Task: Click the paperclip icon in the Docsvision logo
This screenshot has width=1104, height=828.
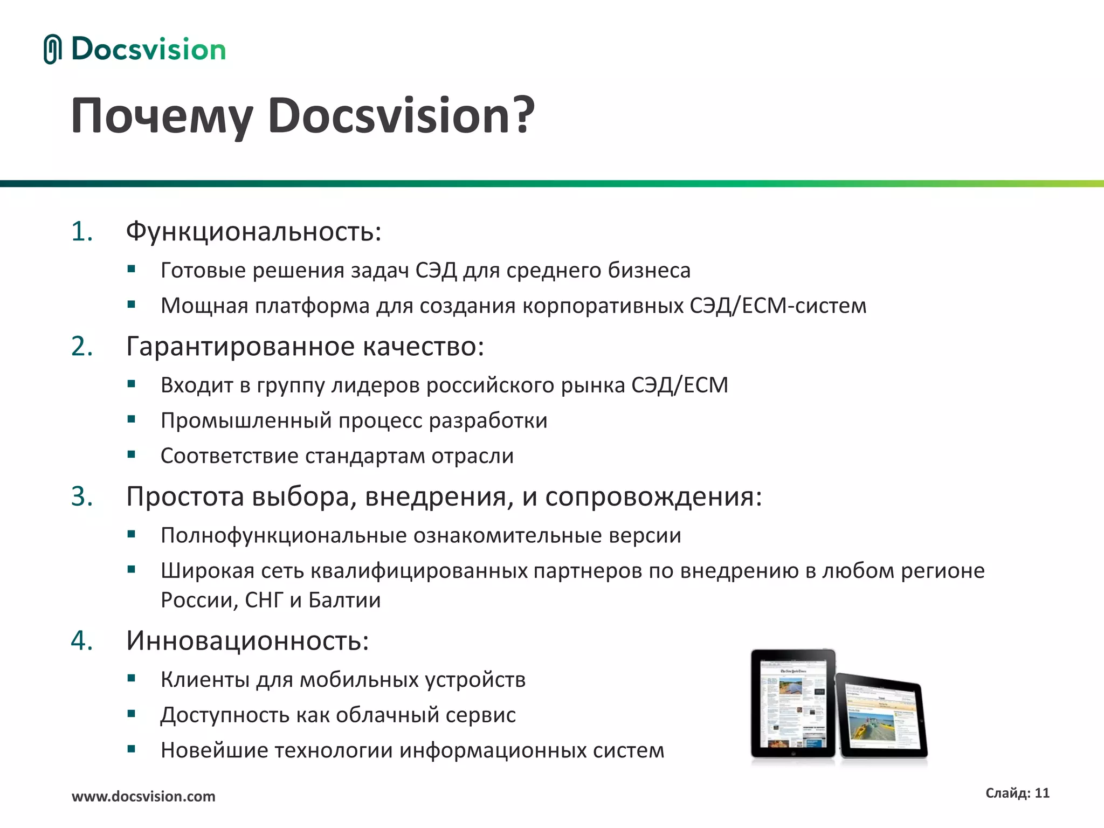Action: [x=52, y=50]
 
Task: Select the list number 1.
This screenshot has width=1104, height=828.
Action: [x=81, y=232]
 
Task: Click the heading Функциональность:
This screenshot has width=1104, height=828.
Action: [x=253, y=232]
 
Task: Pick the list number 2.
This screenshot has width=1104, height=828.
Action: [x=81, y=346]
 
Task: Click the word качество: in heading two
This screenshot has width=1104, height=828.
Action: [x=423, y=346]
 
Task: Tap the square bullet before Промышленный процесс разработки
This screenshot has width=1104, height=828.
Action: [x=132, y=419]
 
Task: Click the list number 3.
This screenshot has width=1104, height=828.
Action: [x=81, y=496]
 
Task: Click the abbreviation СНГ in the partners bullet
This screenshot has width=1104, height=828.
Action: [x=264, y=600]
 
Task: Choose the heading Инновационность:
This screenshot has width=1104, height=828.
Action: [x=247, y=641]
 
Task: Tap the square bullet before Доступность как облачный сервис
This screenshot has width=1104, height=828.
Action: [x=132, y=714]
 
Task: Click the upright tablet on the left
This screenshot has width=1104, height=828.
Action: [x=792, y=703]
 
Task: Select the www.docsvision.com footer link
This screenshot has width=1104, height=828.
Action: [x=143, y=796]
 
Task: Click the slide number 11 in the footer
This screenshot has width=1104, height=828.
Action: [x=1042, y=793]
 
